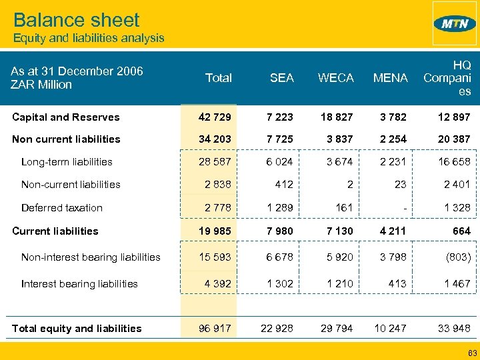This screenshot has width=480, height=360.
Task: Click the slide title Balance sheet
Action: [x=77, y=19]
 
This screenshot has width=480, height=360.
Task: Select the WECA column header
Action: [x=336, y=78]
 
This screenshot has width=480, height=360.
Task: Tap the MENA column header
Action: [x=390, y=78]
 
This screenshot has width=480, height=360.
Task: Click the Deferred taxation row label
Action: [x=62, y=208]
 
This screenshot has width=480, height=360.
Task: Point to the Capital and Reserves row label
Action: [x=67, y=117]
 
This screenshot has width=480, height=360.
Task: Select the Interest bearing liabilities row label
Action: [x=79, y=284]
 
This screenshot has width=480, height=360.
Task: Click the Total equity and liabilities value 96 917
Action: [x=215, y=328]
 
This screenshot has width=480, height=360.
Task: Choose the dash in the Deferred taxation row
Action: [x=405, y=208]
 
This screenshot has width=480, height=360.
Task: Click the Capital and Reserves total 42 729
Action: [x=215, y=117]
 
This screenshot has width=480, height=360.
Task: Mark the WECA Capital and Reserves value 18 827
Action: [x=336, y=117]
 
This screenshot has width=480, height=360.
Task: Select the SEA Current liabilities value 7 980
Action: [x=279, y=231]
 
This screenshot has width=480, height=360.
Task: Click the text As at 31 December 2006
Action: [x=77, y=71]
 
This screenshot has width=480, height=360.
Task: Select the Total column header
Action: [x=219, y=78]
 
